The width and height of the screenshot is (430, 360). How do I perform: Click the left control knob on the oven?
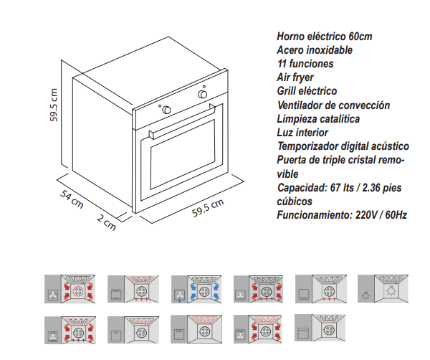pyautogui.click(x=166, y=110)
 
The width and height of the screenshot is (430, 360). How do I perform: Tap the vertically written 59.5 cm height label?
pyautogui.click(x=54, y=105)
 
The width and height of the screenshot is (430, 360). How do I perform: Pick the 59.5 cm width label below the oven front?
pyautogui.click(x=209, y=209)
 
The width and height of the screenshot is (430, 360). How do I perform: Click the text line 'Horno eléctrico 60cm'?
pyautogui.click(x=324, y=37)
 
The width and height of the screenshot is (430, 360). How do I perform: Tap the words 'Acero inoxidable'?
pyautogui.click(x=315, y=50)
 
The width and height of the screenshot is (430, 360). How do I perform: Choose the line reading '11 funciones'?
pyautogui.click(x=305, y=64)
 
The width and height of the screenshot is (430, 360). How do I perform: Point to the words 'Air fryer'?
pyautogui.click(x=295, y=77)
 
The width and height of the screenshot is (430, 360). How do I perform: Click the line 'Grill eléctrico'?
pyautogui.click(x=307, y=91)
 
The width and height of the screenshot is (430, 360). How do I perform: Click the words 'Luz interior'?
pyautogui.click(x=302, y=132)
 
